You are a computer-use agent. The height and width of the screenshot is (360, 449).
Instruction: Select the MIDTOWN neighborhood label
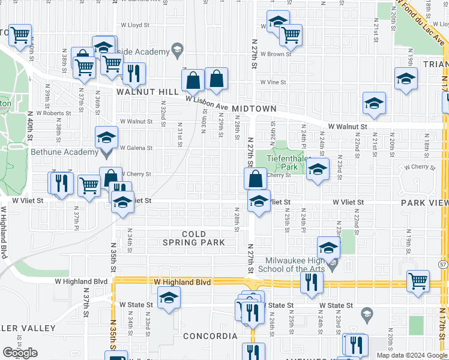[255, 109]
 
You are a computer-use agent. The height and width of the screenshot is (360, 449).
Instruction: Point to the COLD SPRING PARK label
[194, 238]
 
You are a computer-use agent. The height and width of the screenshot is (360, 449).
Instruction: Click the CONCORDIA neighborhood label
[210, 336]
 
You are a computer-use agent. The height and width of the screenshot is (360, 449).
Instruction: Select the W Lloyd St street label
[134, 26]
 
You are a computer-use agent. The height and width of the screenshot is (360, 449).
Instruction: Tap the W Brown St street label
[277, 54]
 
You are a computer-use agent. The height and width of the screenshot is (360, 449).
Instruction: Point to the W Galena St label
[136, 148]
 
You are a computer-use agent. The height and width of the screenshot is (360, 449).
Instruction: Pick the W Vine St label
[273, 82]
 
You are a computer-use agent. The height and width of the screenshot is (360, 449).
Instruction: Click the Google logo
[20, 353]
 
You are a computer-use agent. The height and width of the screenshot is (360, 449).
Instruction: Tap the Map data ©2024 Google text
[412, 355]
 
